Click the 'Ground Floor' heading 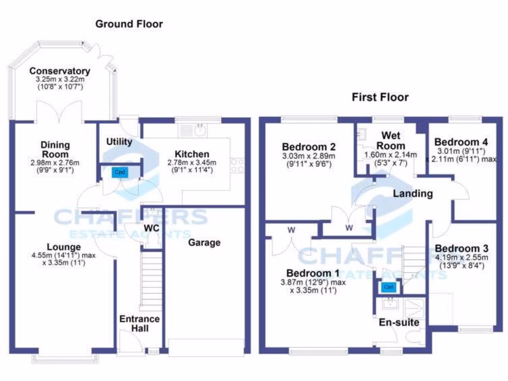[129, 24]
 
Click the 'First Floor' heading [381, 97]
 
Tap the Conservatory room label [60, 71]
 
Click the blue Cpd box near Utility [119, 172]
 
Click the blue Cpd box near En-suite [388, 287]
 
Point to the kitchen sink [191, 131]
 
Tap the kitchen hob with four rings [237, 165]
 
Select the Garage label [204, 243]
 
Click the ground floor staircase [151, 281]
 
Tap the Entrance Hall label [139, 323]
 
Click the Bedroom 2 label [309, 147]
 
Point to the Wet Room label [391, 141]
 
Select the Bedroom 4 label [462, 142]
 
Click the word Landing [413, 193]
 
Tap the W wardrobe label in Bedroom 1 [290, 230]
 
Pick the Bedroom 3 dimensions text [462, 261]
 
